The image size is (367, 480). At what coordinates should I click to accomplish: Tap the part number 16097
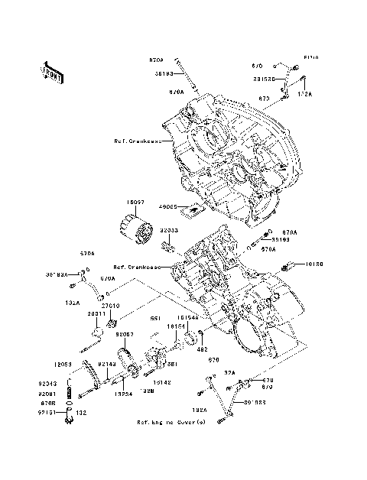(x=135, y=203)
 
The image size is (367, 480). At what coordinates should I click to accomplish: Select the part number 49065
(x=168, y=206)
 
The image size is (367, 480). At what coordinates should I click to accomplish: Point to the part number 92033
(x=169, y=229)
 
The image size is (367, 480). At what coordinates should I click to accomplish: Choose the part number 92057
(x=125, y=334)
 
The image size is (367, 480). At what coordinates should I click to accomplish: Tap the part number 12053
(x=64, y=364)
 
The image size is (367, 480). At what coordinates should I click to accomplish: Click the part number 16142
(x=162, y=381)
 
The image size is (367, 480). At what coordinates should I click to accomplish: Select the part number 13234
(x=125, y=394)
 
